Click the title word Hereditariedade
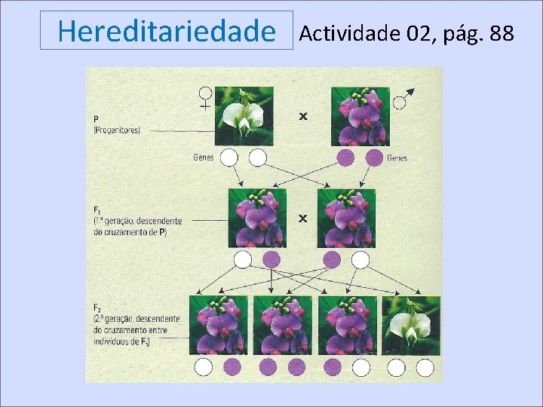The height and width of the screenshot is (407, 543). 167,32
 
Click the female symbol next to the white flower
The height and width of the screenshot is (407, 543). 205,98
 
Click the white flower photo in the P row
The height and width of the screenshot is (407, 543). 245,116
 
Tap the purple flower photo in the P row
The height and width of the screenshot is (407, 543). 360,116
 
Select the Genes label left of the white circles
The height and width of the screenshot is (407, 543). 204,158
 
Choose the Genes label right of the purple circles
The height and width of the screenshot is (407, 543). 397,158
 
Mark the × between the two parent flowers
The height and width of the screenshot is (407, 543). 303,117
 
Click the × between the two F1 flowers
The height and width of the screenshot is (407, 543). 303,219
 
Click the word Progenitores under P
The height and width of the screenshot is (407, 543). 117,130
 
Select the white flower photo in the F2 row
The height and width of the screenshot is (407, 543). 411,325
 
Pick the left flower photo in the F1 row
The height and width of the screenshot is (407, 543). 257,218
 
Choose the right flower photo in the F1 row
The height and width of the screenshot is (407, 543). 346,218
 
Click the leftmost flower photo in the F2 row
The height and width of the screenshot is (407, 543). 219,325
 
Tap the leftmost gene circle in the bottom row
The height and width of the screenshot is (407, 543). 204,367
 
